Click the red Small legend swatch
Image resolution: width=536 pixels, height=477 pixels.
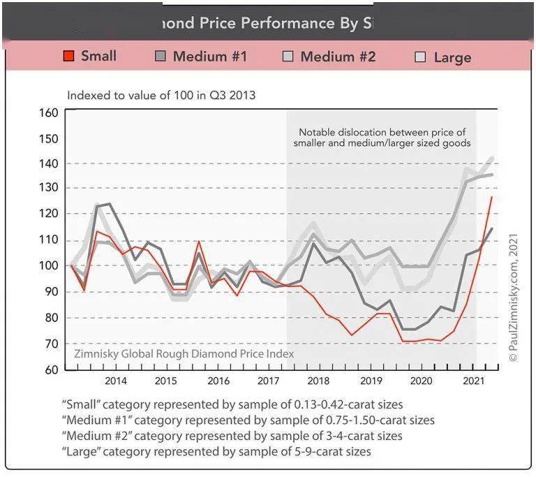(69, 57)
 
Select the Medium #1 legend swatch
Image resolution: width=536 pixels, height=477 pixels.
(161, 57)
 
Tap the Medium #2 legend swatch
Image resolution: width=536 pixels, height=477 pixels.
(288, 57)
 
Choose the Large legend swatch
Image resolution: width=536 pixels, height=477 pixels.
(420, 57)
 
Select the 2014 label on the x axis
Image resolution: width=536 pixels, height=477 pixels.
(115, 381)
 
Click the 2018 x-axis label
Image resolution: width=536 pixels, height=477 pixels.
(319, 381)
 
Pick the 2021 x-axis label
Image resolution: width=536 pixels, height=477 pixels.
(474, 381)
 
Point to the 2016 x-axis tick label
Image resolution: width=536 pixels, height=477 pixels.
(218, 381)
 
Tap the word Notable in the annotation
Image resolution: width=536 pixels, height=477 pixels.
(318, 131)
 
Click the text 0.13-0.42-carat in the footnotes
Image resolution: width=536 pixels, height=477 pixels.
(321, 404)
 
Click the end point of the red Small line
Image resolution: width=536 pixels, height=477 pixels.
(491, 198)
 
